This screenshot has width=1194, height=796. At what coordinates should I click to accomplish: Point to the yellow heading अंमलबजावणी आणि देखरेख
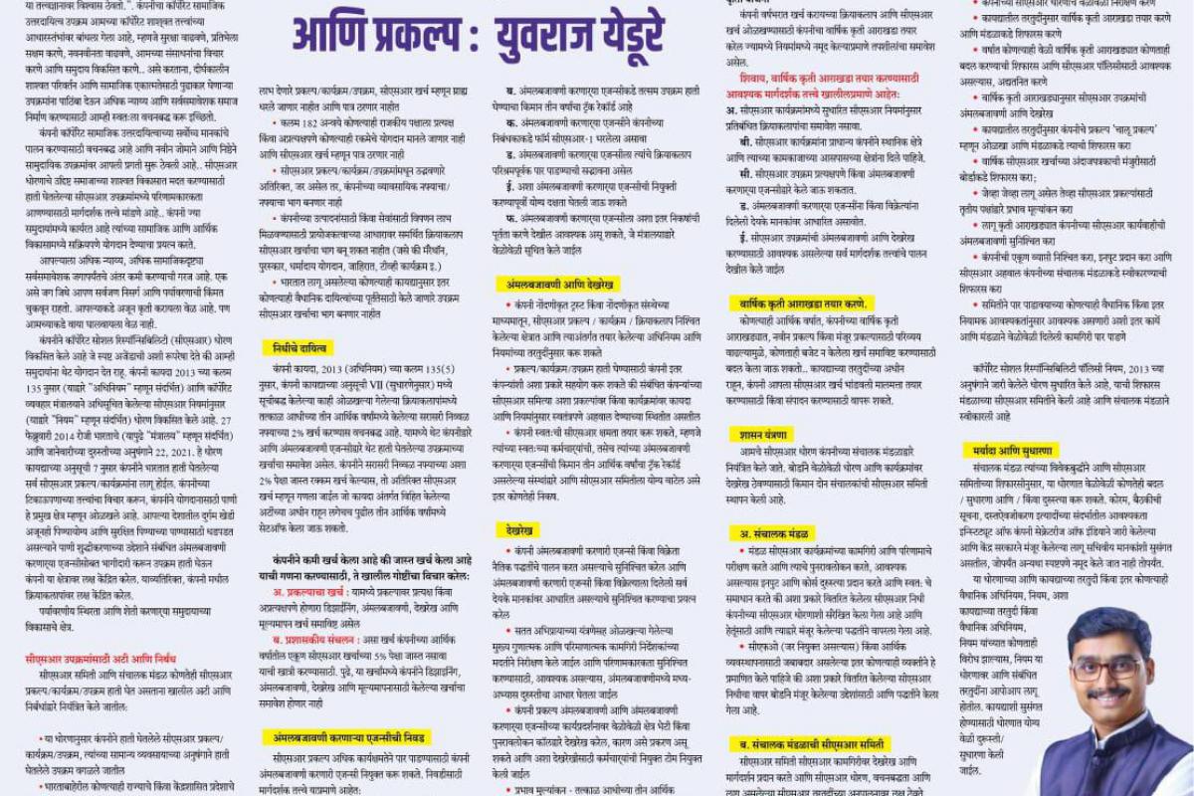558,285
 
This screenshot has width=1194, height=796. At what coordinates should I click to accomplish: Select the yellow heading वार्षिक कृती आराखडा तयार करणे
803,302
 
